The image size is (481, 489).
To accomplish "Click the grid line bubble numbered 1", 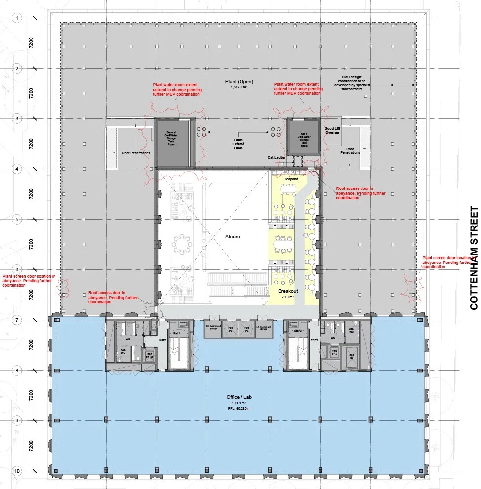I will coord(17,18).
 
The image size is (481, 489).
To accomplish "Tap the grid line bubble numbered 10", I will coord(17,471).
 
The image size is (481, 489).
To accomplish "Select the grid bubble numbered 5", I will coord(17,219).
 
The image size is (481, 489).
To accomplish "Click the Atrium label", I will coord(232,237).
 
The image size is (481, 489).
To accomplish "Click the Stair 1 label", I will coord(175,334).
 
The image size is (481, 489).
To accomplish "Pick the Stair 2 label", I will coord(297,331).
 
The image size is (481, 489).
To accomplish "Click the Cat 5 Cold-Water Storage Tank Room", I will coord(304,140).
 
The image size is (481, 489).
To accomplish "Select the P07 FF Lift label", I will coord(149,355).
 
